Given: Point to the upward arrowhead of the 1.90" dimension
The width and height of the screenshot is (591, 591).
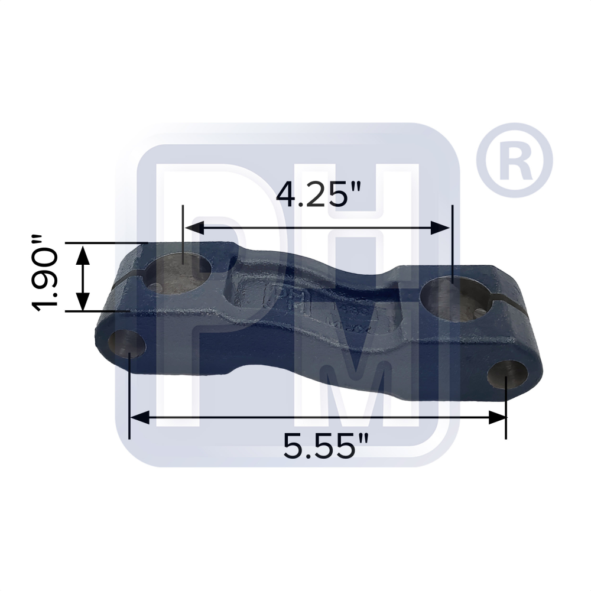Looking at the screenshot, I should pyautogui.click(x=83, y=253).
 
